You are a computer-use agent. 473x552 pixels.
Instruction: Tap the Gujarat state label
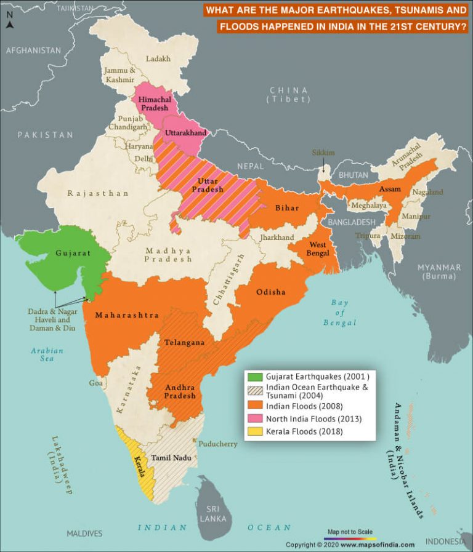pyautogui.click(x=73, y=253)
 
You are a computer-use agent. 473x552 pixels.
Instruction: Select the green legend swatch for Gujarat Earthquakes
pyautogui.click(x=254, y=376)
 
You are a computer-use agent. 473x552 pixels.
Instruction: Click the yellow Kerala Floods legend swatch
pyautogui.click(x=254, y=431)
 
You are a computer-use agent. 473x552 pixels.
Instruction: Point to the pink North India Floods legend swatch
pyautogui.click(x=254, y=419)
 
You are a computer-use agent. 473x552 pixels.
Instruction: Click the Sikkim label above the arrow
pyautogui.click(x=323, y=152)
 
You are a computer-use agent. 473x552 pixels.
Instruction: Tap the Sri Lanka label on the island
pyautogui.click(x=212, y=514)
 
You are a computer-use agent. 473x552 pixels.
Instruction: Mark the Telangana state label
pyautogui.click(x=184, y=343)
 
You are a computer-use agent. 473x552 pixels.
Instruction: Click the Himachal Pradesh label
pyautogui.click(x=154, y=103)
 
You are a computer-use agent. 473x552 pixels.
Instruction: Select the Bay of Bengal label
pyautogui.click(x=339, y=312)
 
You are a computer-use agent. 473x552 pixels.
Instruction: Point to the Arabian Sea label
pyautogui.click(x=47, y=355)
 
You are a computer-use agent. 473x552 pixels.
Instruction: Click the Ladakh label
pyautogui.click(x=158, y=59)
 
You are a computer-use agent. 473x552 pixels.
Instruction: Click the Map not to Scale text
pyautogui.click(x=350, y=531)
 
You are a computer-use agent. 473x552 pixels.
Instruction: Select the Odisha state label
pyautogui.click(x=271, y=292)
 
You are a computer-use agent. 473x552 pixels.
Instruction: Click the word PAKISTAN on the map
pyautogui.click(x=45, y=135)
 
